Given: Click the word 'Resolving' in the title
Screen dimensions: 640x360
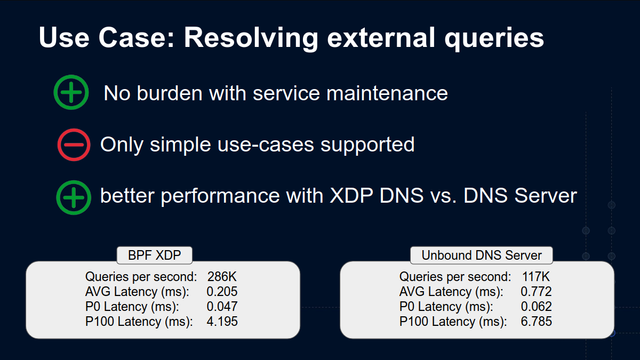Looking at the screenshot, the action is pyautogui.click(x=251, y=38).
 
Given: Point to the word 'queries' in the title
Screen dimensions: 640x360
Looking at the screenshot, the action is pyautogui.click(x=494, y=39).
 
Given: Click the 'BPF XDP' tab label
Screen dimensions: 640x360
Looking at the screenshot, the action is pyautogui.click(x=154, y=255).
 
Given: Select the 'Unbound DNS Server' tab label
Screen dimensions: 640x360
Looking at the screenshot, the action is pyautogui.click(x=482, y=255).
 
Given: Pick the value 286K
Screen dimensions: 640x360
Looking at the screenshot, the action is pyautogui.click(x=222, y=277).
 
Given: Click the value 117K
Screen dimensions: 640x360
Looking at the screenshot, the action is pyautogui.click(x=536, y=277).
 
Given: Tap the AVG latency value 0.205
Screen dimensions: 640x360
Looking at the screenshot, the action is pyautogui.click(x=222, y=291).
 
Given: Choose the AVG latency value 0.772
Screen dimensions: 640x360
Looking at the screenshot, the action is pyautogui.click(x=536, y=291).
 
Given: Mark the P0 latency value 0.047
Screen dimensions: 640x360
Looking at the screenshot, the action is pyautogui.click(x=222, y=307).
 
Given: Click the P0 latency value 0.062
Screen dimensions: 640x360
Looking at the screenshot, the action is pyautogui.click(x=536, y=307).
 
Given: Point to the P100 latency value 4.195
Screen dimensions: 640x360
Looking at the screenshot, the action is pyautogui.click(x=222, y=321).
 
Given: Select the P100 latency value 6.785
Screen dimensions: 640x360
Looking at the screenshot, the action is pyautogui.click(x=536, y=321).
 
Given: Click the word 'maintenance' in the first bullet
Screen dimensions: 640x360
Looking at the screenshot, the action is pyautogui.click(x=387, y=93).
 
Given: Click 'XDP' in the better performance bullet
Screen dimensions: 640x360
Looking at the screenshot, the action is pyautogui.click(x=351, y=196).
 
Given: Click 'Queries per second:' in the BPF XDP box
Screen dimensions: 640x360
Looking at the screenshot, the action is pyautogui.click(x=141, y=277).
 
